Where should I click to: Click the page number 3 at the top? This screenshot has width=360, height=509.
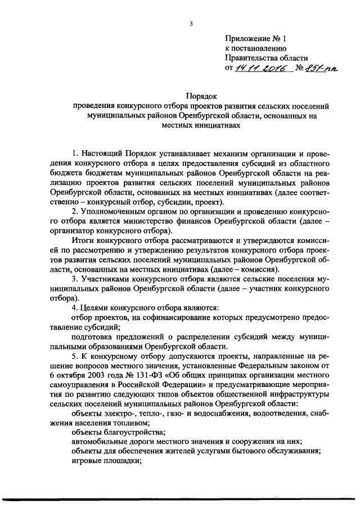coord(191,24)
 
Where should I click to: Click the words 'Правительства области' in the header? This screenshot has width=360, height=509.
coord(267,58)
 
